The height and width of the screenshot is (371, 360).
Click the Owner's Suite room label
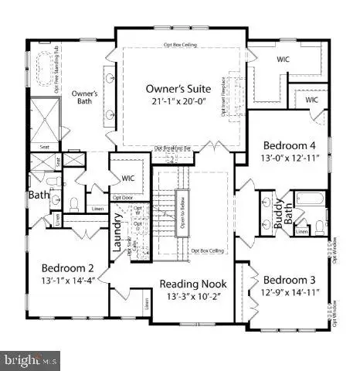pyautogui.click(x=179, y=88)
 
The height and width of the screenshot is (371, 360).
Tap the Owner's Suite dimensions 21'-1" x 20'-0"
pyautogui.click(x=179, y=102)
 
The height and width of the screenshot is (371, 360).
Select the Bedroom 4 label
pyautogui.click(x=289, y=145)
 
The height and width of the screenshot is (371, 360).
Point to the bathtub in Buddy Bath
pyautogui.click(x=312, y=203)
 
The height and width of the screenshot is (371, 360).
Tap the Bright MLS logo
pyautogui.click(x=30, y=359)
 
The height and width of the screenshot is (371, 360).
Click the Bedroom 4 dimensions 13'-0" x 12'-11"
pyautogui.click(x=289, y=158)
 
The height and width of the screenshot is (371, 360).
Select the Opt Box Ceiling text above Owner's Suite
pyautogui.click(x=180, y=46)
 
